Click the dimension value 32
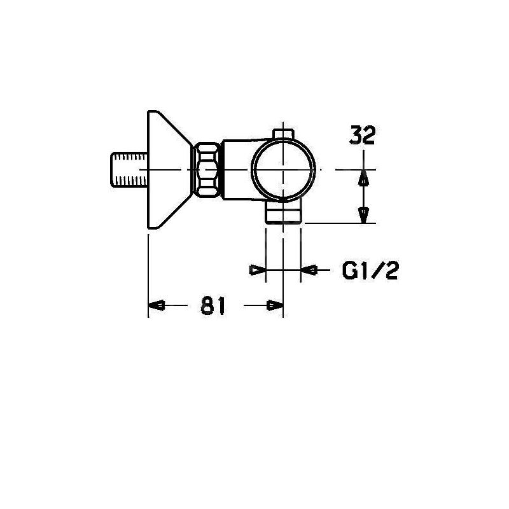tap(363, 136)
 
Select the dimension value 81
tap(213, 306)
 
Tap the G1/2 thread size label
tap(370, 272)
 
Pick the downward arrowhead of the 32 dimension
tap(363, 215)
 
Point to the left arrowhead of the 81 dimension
tap(157, 306)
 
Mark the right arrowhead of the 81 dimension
tap(274, 306)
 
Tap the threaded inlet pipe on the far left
tap(127, 171)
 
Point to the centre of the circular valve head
tap(283, 170)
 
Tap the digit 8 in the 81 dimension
tap(207, 306)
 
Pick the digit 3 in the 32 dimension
tap(356, 136)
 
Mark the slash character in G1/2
tap(377, 272)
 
